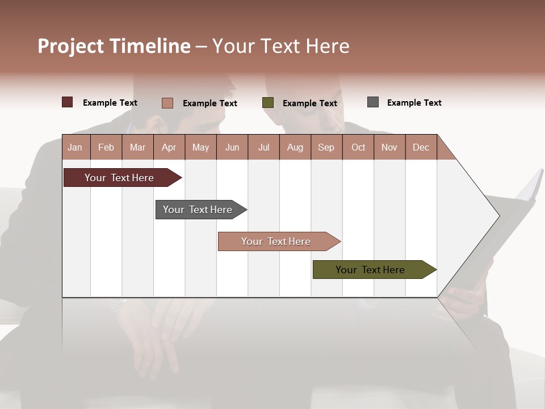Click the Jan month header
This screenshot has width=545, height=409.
pos(75,147)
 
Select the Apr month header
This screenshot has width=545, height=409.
pos(169,147)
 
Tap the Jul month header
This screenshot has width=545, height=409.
pos(263,147)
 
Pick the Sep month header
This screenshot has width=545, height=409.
pos(326,147)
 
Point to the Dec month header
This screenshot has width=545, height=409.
pos(421,147)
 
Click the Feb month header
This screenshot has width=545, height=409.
pos(106,147)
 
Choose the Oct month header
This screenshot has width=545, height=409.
pos(358,147)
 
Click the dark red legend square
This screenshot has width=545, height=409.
pos(67,102)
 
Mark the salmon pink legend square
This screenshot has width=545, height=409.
pos(167,103)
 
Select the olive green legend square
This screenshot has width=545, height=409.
pos(268,102)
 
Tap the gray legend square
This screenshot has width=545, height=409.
pos(373,102)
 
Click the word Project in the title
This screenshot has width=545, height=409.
pos(70,46)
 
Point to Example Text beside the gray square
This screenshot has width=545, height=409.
pos(414,102)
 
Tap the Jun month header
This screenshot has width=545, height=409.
pos(232,147)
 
